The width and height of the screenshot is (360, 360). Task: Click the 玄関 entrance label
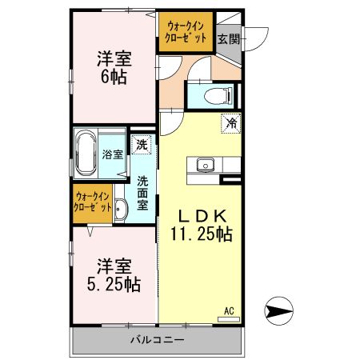228,38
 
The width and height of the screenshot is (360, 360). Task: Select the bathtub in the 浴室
86,154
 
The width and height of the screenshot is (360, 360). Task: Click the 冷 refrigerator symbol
230,124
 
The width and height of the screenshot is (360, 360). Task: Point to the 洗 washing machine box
142,146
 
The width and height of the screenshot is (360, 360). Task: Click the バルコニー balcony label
158,340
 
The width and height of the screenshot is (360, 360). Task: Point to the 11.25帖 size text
201,234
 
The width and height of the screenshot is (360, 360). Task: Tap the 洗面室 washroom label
142,192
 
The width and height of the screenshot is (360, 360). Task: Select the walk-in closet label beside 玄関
186,32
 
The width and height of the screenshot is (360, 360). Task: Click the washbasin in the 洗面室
120,210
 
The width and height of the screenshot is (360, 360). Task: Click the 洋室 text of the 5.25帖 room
114,265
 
